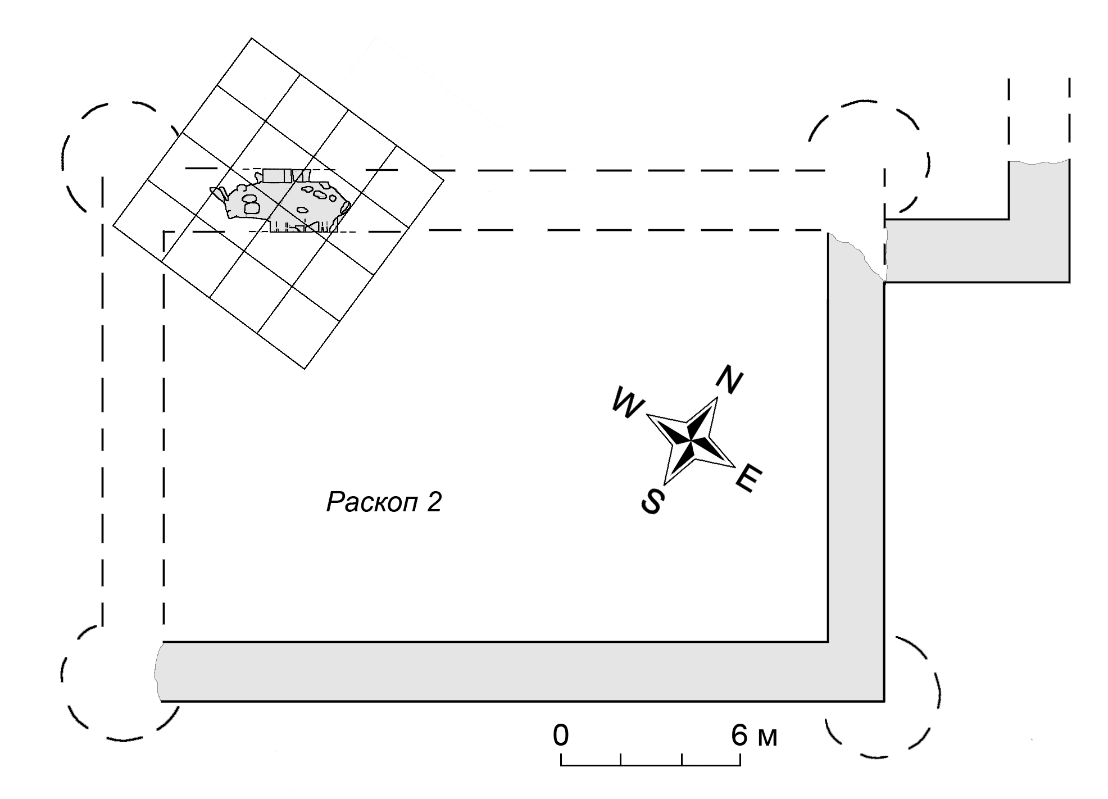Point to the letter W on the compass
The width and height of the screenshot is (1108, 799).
point(627,402)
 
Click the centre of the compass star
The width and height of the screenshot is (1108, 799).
point(691,441)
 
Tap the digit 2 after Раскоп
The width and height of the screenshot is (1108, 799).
point(434,502)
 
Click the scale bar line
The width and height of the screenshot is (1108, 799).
point(650,765)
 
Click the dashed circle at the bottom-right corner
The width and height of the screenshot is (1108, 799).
point(882,697)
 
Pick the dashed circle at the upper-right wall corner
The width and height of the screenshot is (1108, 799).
point(868,157)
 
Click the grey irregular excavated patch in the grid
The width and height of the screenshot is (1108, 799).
point(281,205)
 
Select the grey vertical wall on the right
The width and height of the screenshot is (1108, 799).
point(856,450)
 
